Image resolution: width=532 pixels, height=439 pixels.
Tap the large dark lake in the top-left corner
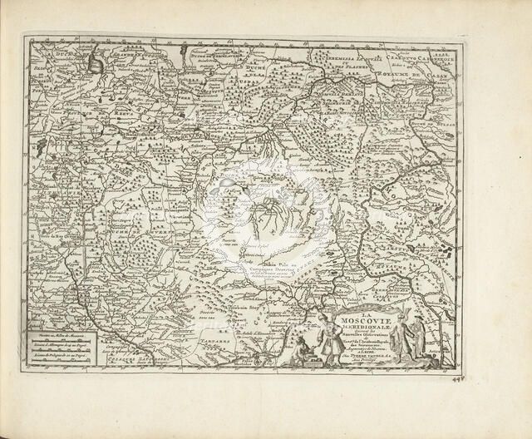[96, 62]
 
